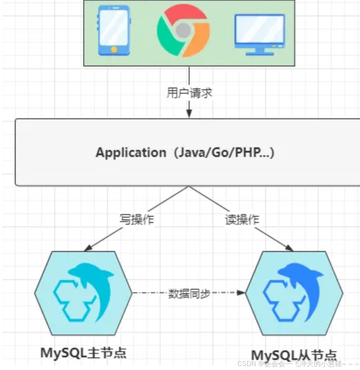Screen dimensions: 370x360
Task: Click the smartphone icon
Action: tap(114, 31)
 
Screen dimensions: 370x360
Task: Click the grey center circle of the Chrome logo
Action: tap(183, 30)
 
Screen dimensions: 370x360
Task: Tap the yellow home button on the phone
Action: tap(114, 50)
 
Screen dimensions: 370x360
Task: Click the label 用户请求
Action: tap(189, 93)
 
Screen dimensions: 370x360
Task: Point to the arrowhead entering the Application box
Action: tap(189, 114)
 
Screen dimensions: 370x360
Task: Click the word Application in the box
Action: tap(131, 152)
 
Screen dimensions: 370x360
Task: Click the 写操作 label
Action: tap(137, 219)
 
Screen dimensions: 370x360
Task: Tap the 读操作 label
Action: tap(242, 219)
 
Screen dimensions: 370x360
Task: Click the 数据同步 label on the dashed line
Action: tap(189, 293)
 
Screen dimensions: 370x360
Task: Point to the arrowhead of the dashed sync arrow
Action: tap(241, 293)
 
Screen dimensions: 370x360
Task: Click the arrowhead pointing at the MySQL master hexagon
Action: tap(88, 248)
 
